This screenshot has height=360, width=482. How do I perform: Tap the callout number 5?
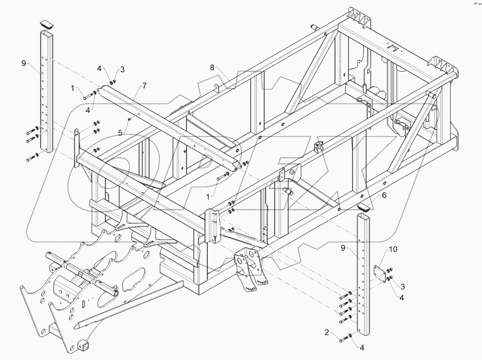coord(120,133)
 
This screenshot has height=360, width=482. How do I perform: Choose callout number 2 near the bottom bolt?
coord(326,332)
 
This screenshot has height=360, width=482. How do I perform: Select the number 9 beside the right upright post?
coord(342,248)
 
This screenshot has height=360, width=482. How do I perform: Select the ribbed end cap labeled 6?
coord(364,207)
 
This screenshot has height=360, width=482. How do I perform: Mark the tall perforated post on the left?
coord(46,95)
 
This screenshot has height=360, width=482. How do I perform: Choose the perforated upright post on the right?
coord(363,275)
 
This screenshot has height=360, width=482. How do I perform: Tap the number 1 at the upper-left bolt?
coord(73,88)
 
